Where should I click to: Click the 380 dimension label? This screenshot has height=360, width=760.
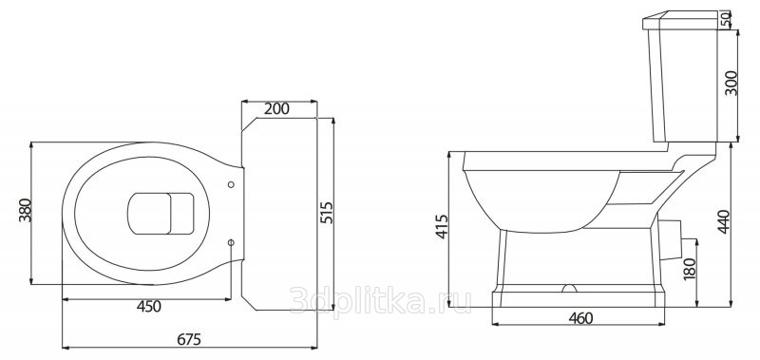coord(25,210)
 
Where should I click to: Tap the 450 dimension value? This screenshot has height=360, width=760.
coord(148,307)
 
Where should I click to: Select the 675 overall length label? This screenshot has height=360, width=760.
coord(188,340)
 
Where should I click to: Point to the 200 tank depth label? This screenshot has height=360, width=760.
coord(276,109)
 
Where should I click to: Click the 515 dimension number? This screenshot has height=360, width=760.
coord(327,212)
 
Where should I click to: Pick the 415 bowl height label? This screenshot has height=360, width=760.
coord(442,226)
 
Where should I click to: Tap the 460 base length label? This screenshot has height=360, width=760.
coord(580,318)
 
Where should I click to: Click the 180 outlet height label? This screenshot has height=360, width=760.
coord(690,269)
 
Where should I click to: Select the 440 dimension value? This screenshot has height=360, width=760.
coord(723,222)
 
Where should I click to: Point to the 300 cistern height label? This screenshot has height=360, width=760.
coord(731,84)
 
